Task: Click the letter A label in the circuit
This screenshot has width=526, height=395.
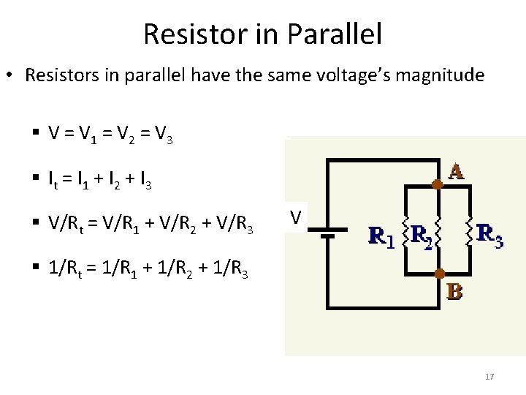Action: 456,173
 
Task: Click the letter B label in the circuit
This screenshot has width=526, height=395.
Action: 454,292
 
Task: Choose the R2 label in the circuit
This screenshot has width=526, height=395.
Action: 422,235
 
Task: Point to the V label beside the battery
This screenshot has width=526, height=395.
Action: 296,217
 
